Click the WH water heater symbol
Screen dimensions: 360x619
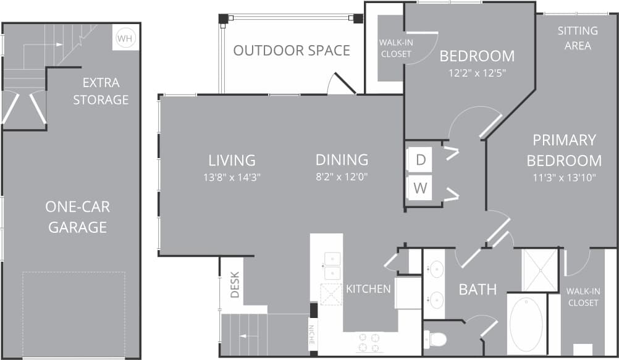click(x=125, y=38)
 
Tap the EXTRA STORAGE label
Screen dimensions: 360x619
click(x=101, y=91)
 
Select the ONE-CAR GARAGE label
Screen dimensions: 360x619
click(x=78, y=217)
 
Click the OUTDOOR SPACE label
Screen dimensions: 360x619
click(x=292, y=51)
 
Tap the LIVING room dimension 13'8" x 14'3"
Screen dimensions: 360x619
click(x=232, y=177)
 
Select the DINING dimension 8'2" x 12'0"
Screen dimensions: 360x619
click(x=342, y=177)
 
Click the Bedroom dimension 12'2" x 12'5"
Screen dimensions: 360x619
click(x=477, y=72)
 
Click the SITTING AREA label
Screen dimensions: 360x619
click(x=578, y=38)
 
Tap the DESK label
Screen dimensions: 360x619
click(x=235, y=285)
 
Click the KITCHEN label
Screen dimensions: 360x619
click(x=368, y=288)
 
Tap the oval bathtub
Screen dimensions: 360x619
click(x=526, y=325)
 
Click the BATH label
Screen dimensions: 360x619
click(x=478, y=289)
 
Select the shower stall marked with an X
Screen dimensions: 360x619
click(x=540, y=270)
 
